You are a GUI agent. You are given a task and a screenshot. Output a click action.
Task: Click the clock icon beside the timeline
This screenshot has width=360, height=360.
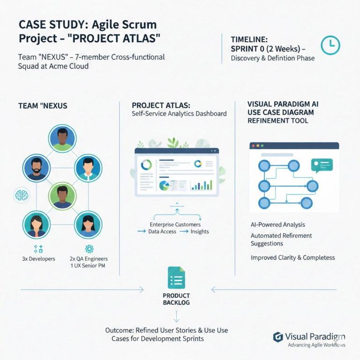pos(330,45)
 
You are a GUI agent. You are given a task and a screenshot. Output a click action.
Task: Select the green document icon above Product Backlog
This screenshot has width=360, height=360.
pos(176,277)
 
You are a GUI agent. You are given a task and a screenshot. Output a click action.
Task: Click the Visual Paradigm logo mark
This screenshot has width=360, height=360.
pos(277,337)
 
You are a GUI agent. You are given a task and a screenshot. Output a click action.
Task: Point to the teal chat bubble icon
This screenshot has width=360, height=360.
pos(322,165)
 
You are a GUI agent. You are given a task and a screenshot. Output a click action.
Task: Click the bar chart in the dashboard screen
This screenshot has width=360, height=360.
pos(202,185)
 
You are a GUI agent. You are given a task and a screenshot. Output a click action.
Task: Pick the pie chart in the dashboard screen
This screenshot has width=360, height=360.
pos(165,185)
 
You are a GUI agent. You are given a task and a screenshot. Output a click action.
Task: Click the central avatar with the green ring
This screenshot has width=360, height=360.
pos(62,196)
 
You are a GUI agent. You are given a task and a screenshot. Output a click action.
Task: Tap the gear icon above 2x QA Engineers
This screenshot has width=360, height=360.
pos(89,248)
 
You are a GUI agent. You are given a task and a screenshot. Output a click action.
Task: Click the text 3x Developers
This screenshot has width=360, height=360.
pos(38,259)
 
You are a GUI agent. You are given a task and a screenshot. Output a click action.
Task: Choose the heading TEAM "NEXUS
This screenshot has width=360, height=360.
pos(43,106)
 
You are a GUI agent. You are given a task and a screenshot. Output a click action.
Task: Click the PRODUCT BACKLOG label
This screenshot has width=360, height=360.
pos(176,299)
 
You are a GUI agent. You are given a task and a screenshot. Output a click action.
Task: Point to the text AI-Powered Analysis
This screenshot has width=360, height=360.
pos(277,225)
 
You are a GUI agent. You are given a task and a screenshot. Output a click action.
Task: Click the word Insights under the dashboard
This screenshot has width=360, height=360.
pos(200,232)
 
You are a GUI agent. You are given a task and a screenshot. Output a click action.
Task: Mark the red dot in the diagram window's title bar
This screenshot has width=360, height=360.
pos(254,146)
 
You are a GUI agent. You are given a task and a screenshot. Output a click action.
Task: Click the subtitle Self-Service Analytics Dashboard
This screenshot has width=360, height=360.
pos(179,113)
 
